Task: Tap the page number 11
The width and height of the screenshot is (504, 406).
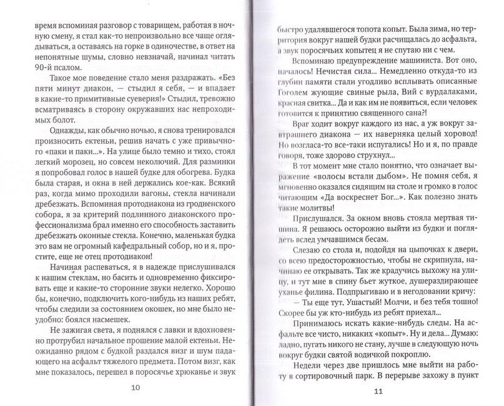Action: click(x=377, y=392)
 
